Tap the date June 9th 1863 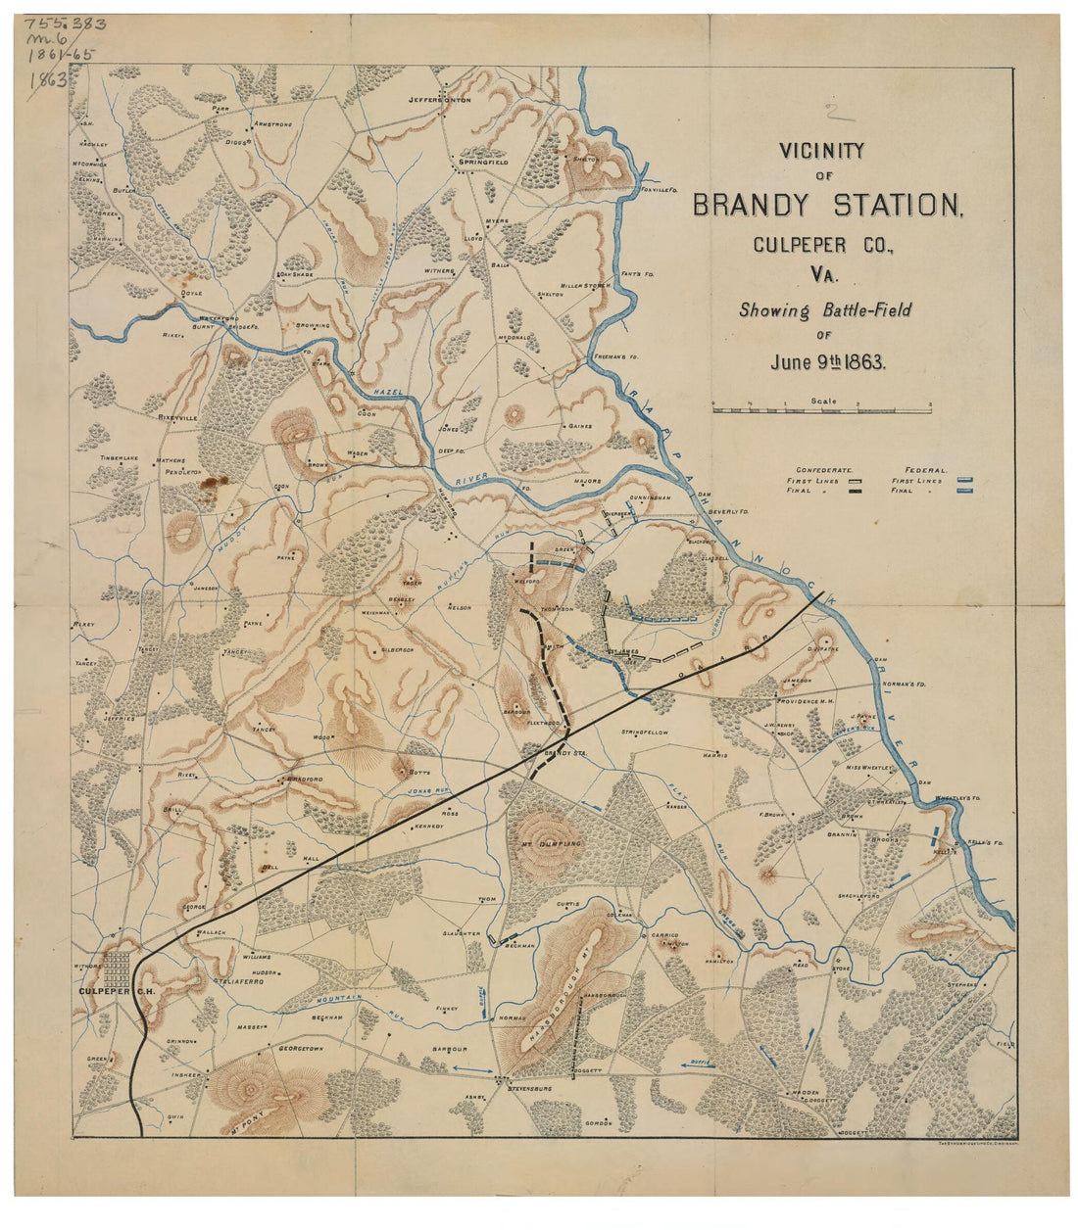tap(827, 361)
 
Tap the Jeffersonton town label tap(440, 100)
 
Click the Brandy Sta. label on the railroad tap(564, 752)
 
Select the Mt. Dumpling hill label tap(550, 843)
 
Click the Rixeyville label tap(177, 417)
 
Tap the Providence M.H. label tap(805, 701)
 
